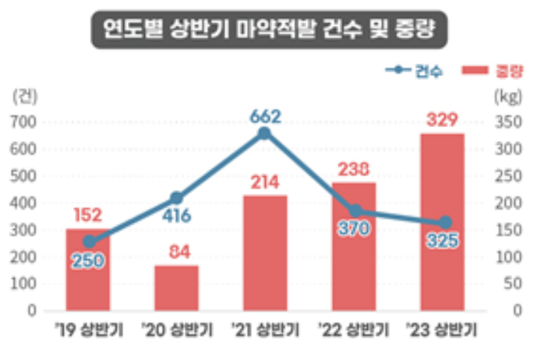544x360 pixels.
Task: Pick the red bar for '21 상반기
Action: click(x=265, y=253)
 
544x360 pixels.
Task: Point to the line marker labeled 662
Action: click(x=264, y=133)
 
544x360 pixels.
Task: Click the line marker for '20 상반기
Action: click(x=176, y=198)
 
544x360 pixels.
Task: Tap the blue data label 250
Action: click(x=89, y=260)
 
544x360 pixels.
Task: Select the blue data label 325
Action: click(x=442, y=242)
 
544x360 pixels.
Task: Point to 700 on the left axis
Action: click(x=23, y=123)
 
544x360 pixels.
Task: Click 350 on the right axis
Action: click(x=507, y=123)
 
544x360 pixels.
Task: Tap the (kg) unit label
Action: click(x=508, y=97)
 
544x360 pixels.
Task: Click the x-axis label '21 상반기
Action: click(x=264, y=332)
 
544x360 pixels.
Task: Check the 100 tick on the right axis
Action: click(x=507, y=257)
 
